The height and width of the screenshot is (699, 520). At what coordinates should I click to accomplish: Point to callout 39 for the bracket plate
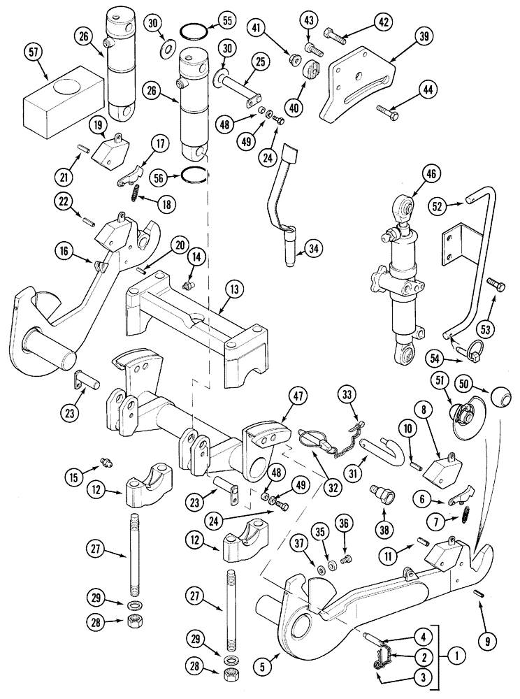pos(403,41)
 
